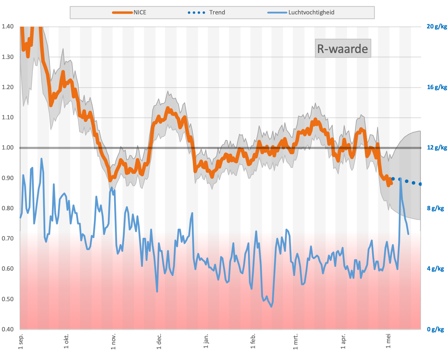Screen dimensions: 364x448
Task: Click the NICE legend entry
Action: click(129, 12)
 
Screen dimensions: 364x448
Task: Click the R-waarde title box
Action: click(343, 48)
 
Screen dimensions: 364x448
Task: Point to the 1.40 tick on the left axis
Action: click(8, 26)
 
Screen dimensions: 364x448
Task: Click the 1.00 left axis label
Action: click(8, 148)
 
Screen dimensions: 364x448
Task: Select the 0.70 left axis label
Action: click(8, 239)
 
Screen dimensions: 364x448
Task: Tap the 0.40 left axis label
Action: click(8, 330)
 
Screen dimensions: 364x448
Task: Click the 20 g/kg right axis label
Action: click(437, 26)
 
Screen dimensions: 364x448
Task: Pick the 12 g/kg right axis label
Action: click(437, 148)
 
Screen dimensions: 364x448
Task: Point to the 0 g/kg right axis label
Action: click(435, 330)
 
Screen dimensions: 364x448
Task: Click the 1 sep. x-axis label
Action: click(21, 342)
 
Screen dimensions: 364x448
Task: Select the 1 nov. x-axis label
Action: click(113, 342)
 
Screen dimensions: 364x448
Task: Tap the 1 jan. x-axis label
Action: click(206, 342)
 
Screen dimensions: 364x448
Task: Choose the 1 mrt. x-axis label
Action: click(296, 342)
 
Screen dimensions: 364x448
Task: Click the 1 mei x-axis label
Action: click(388, 342)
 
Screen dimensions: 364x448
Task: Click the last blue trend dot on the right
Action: click(420, 184)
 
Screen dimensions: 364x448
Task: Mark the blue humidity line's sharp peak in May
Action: click(401, 180)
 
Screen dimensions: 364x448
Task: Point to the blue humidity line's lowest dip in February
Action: click(271, 306)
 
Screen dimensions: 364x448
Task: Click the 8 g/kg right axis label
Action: click(435, 209)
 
